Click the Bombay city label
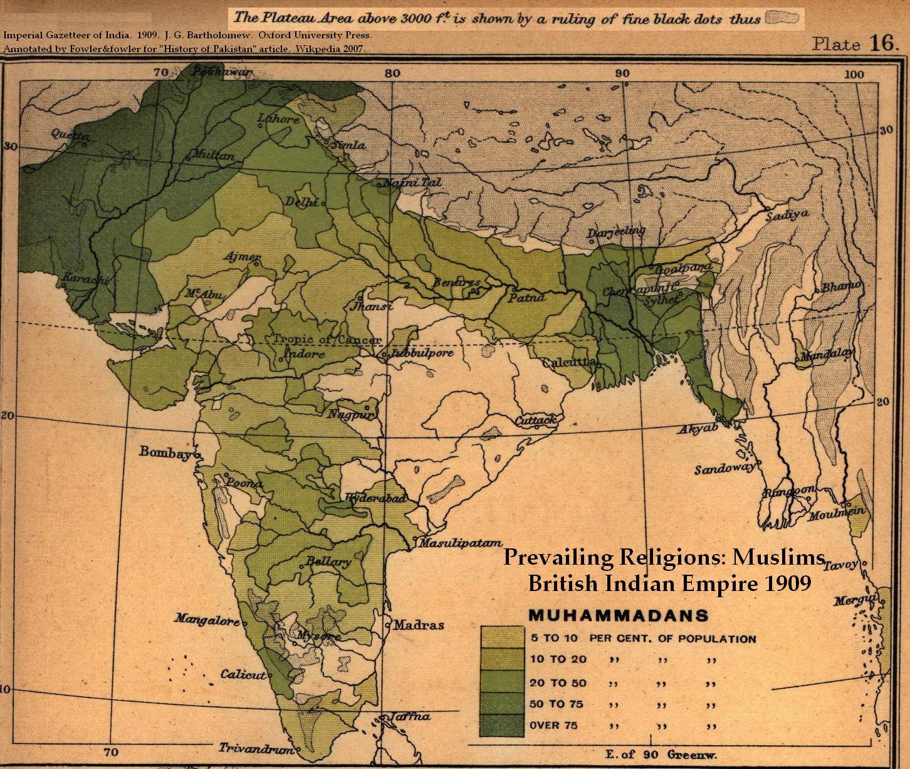164,452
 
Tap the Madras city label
419,625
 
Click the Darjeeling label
616,233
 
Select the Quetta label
70,135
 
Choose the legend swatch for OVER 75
501,726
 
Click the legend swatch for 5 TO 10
501,637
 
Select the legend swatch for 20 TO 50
501,681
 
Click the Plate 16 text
855,43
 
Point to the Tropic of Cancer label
327,340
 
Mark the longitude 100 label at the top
854,75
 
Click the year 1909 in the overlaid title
787,583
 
